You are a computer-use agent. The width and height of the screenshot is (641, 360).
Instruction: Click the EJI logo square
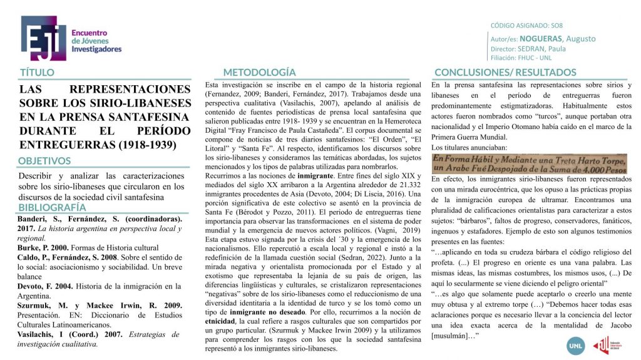(x=43, y=38)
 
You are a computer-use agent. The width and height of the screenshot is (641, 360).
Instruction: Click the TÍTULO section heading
(x=37, y=73)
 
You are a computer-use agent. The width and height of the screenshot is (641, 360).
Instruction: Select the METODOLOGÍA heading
(x=259, y=73)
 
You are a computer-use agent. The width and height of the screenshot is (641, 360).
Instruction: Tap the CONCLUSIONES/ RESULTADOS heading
(x=505, y=73)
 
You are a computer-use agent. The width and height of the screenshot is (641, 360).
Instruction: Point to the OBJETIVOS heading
(x=44, y=161)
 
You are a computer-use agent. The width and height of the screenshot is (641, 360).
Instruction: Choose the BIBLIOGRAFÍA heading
(x=52, y=207)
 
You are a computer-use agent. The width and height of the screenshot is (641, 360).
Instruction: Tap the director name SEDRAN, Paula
(x=542, y=48)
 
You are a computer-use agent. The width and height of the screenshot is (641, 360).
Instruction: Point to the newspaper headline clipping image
(x=530, y=165)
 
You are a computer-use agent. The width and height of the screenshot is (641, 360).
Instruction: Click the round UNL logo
(x=575, y=345)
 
